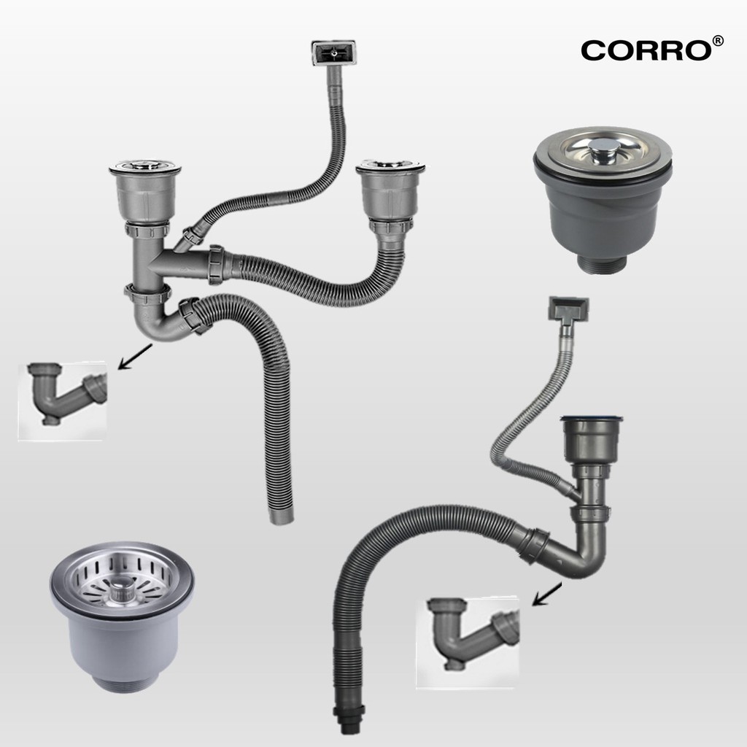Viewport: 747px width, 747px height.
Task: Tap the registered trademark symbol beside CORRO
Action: [718, 41]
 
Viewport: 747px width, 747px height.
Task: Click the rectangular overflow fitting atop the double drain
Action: [333, 53]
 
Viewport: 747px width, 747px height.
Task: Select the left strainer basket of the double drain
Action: [145, 192]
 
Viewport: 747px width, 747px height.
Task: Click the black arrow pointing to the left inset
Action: [135, 356]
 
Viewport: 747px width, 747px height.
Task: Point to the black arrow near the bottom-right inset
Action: [547, 594]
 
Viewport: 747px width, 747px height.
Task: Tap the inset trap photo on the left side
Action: [63, 400]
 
